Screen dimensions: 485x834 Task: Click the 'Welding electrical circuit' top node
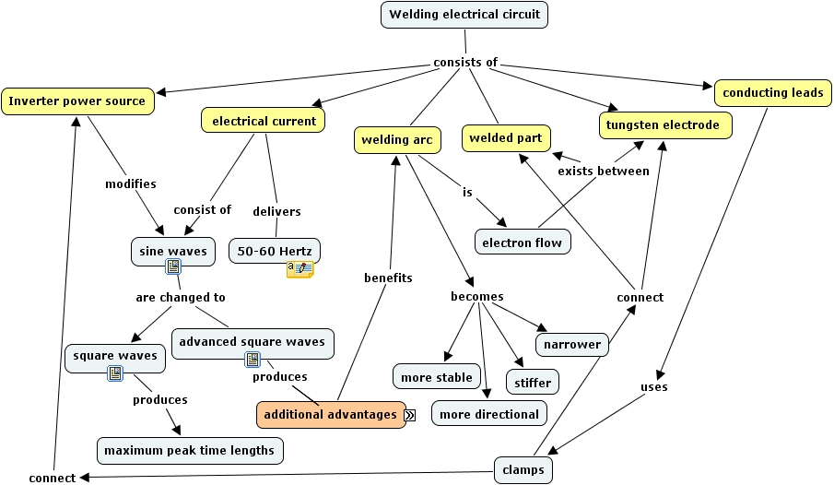(464, 15)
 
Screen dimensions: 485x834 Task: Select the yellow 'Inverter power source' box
(77, 101)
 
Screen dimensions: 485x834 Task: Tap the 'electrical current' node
(264, 121)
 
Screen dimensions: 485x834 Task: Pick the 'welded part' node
(505, 138)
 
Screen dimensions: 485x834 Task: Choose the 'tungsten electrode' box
(665, 124)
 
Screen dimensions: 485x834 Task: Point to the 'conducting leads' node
(772, 93)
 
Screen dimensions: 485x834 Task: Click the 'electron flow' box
(523, 243)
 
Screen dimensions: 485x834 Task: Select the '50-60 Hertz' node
(275, 250)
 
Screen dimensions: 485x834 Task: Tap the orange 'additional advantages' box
(331, 415)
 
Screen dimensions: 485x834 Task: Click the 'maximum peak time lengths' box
(190, 451)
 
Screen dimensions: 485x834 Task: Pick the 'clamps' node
(523, 470)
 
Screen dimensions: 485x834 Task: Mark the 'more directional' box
(489, 414)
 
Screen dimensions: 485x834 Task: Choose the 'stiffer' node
(533, 382)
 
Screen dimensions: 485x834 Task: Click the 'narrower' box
(571, 345)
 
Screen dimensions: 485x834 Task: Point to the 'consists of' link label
(465, 63)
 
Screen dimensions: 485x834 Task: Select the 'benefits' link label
(388, 278)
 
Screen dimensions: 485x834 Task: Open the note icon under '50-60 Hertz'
(300, 269)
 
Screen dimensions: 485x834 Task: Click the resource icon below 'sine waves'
(173, 266)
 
